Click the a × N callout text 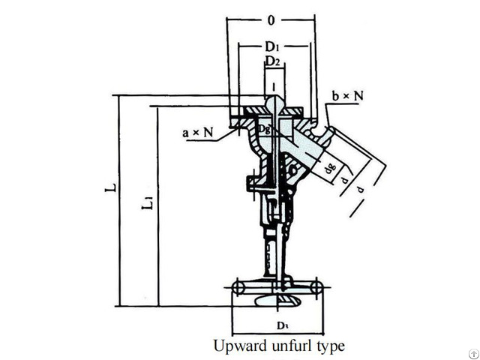[198, 133]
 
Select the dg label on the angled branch [328, 168]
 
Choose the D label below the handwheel [277, 327]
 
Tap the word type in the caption [330, 346]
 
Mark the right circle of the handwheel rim [317, 286]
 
